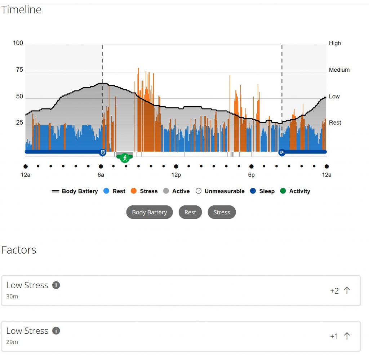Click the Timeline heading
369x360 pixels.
(x=21, y=10)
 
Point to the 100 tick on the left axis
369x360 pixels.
(x=18, y=43)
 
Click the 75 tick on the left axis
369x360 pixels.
(x=19, y=70)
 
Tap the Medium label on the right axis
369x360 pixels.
(x=339, y=70)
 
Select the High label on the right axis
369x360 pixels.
(x=335, y=43)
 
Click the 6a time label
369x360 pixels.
(x=101, y=175)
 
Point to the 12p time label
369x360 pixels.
(x=176, y=175)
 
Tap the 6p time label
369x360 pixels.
(x=251, y=175)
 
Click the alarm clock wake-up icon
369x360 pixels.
(x=103, y=152)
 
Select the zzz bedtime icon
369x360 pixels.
(x=282, y=152)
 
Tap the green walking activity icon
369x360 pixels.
(x=125, y=158)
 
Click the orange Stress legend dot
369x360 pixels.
(x=134, y=191)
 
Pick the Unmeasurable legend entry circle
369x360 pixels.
(x=199, y=191)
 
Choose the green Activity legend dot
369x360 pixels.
(x=283, y=191)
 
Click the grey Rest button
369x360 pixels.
(x=190, y=212)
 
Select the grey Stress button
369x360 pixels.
(x=222, y=212)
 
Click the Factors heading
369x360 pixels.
(x=19, y=250)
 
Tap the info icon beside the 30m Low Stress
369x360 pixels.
(x=56, y=285)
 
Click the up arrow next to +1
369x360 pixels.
(x=347, y=336)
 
